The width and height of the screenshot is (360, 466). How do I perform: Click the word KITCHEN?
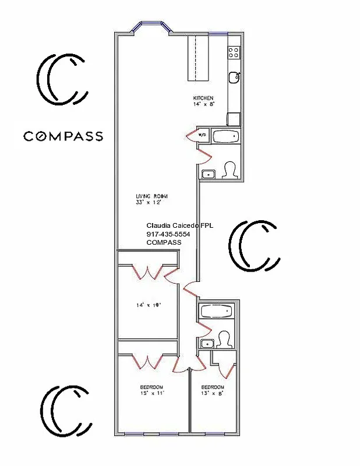coord(203,98)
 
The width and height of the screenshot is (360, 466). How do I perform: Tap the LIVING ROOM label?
coord(148,196)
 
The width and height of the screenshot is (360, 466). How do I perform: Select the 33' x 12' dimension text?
coord(147,203)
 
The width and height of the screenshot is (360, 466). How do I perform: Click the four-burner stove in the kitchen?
coord(234,53)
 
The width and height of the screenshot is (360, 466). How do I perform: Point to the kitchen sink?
coord(234,76)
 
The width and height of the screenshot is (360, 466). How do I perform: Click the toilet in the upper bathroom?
coord(230,170)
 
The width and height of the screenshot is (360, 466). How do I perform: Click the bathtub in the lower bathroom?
coord(216,312)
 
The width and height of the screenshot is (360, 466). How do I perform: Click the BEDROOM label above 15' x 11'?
coord(151,387)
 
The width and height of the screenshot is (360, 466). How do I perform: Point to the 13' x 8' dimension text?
coord(212,394)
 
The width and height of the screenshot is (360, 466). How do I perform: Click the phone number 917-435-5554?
coord(168,234)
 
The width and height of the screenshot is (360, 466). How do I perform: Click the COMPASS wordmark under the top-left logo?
coord(63,136)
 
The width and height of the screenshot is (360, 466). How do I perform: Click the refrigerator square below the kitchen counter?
coord(234,119)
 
